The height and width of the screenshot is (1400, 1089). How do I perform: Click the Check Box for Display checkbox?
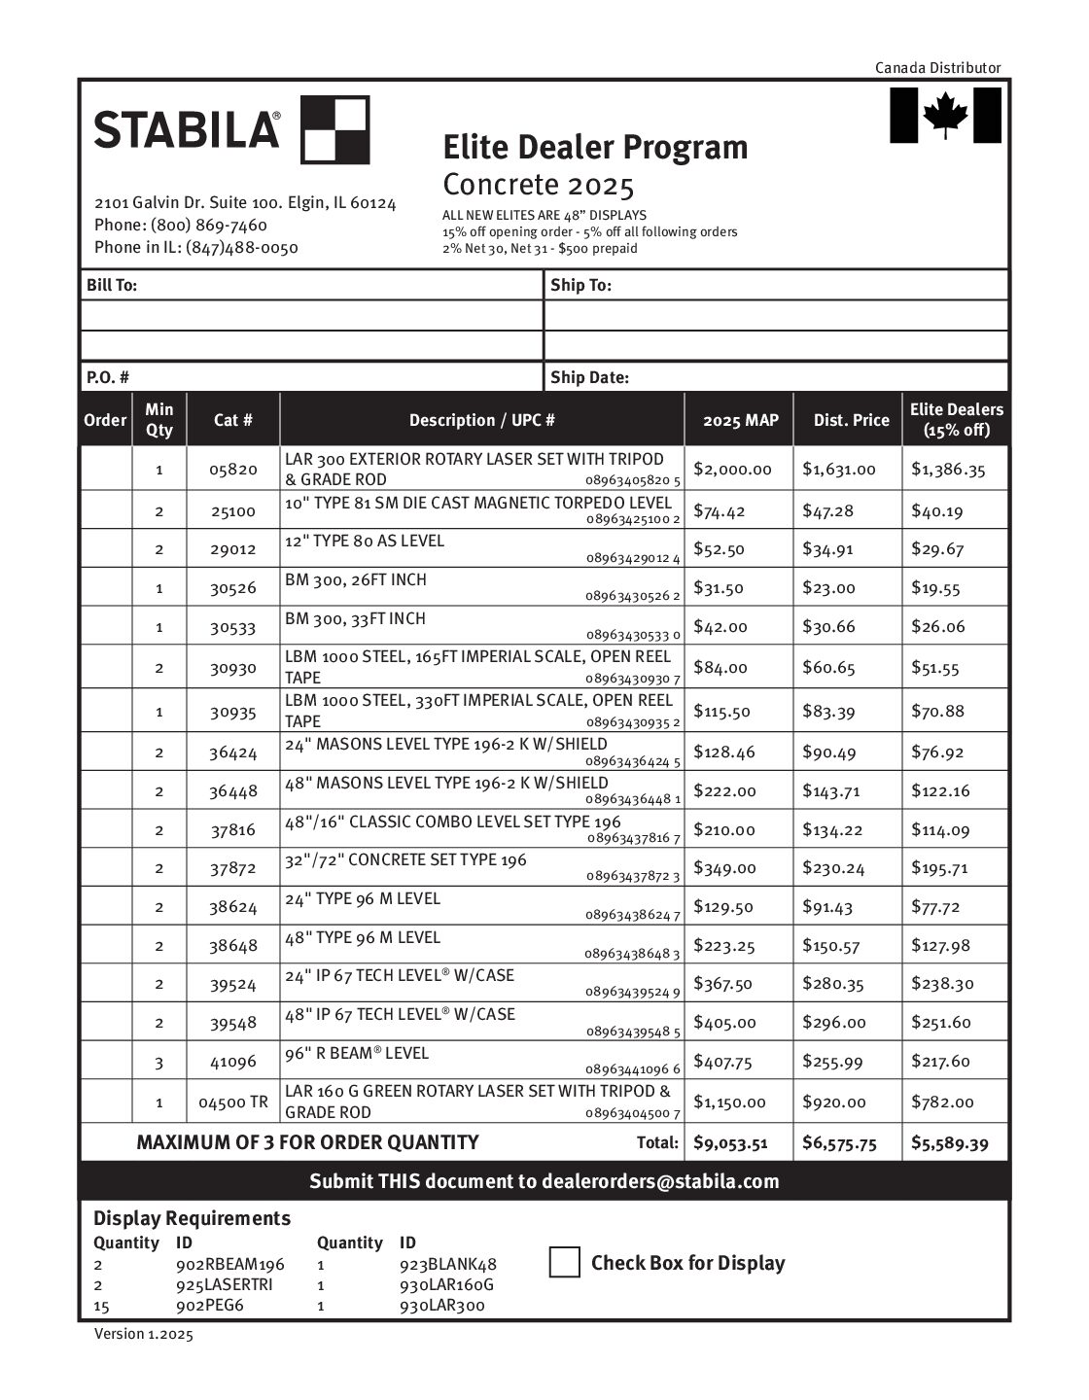coord(564,1262)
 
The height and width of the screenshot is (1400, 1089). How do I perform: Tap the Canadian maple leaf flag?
coord(945,115)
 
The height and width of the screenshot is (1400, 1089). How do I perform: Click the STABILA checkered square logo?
coord(334,129)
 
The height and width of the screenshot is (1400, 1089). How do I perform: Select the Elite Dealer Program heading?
coord(595,148)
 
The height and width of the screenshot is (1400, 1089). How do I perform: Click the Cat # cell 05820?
coord(233,470)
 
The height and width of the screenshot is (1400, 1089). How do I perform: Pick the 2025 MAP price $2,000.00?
coord(732,470)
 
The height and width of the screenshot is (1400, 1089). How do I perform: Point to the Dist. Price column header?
coord(851,420)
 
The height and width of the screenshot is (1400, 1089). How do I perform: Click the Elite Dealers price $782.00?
coord(942,1102)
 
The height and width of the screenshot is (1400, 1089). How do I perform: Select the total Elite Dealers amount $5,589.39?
coord(949,1143)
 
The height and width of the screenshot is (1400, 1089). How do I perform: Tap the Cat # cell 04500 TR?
coord(233,1102)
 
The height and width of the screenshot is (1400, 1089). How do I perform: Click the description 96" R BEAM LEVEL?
coord(357,1053)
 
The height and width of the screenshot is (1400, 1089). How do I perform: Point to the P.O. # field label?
coord(108,377)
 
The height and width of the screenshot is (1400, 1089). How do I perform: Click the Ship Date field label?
coord(589,377)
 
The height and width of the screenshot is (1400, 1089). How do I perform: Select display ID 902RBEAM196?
coord(230,1264)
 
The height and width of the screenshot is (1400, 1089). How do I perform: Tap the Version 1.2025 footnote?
coord(144,1334)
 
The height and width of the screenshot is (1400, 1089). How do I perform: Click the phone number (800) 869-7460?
coord(209,225)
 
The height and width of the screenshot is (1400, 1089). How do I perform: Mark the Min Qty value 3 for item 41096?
coord(159,1063)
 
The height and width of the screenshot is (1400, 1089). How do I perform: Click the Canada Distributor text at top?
coord(937,67)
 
